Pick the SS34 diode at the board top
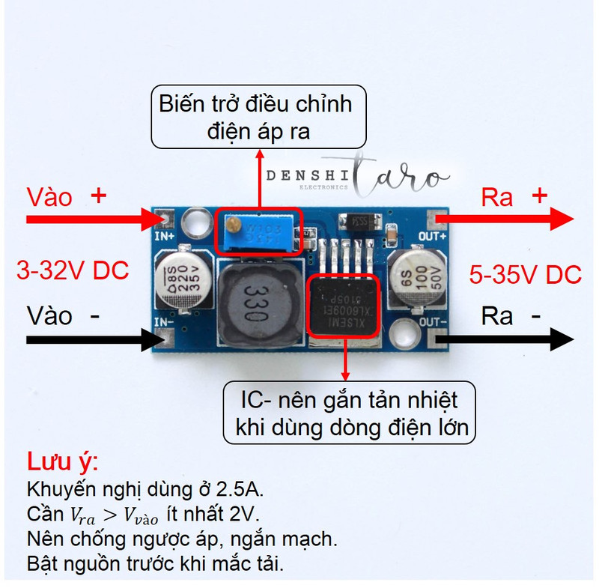coord(357,222)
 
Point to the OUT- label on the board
coord(433,321)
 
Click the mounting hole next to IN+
coord(197,222)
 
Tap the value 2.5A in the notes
coord(239,490)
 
